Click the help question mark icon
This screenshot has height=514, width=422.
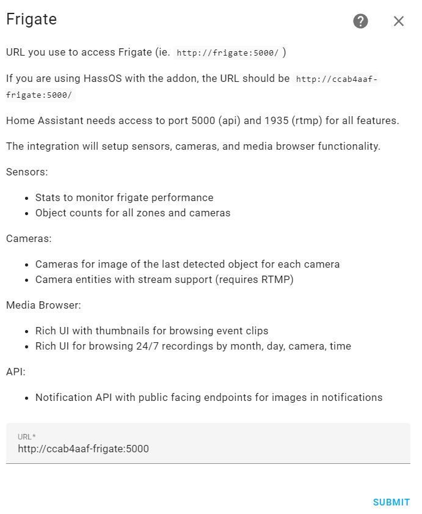coord(361,21)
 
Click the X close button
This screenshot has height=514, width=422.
coord(399,21)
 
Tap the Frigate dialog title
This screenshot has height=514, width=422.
coord(31,20)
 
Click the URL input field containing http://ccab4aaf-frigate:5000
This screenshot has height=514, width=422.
coord(208,449)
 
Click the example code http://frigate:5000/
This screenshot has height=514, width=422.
coord(227,53)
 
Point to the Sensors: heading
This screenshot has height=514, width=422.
coord(27,172)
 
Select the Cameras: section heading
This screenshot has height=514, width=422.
coord(29,238)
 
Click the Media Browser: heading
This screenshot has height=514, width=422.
coord(43,304)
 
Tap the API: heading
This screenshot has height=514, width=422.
coord(16,371)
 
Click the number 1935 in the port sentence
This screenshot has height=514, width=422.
coord(275,120)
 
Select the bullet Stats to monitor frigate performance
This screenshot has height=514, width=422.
coord(125,197)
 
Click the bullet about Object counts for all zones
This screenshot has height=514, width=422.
coord(133,213)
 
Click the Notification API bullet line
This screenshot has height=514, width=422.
coord(209,397)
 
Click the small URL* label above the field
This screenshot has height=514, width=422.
coord(26,436)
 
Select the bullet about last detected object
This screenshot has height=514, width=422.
coord(187,264)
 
